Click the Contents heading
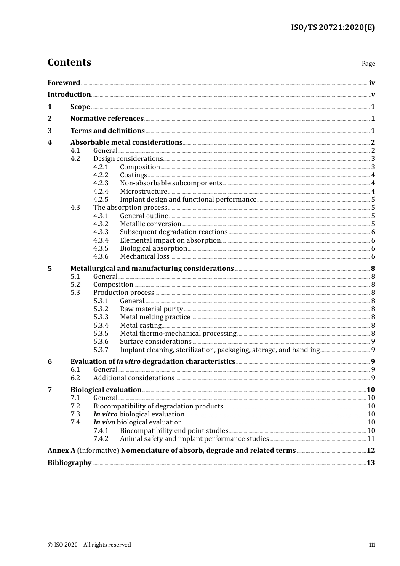[x=69, y=62]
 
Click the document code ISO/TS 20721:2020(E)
[x=333, y=27]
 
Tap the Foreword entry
[x=64, y=83]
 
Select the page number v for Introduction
[x=373, y=95]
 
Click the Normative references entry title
[x=107, y=119]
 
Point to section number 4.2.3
[x=101, y=183]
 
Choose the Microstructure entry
[x=143, y=192]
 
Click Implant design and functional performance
[x=188, y=200]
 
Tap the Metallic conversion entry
[x=150, y=224]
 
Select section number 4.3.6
[x=101, y=256]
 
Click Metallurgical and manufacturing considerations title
[x=152, y=269]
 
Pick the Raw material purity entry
[x=151, y=309]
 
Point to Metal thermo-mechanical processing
[x=178, y=334]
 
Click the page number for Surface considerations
[x=373, y=342]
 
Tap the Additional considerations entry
[x=133, y=378]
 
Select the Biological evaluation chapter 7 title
[x=106, y=390]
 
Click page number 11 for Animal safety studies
[x=371, y=439]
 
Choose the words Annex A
[x=61, y=451]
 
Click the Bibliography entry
[x=69, y=463]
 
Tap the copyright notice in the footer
[x=89, y=545]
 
